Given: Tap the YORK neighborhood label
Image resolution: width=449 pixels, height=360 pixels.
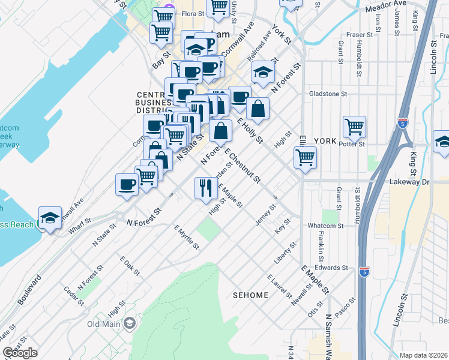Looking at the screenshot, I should (x=325, y=140).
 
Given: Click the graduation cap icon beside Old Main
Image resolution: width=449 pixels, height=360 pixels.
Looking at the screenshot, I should (x=129, y=325).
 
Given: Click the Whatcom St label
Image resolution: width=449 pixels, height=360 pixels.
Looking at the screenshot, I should (x=325, y=226).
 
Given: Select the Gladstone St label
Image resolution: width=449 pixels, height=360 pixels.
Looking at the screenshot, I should (x=328, y=94).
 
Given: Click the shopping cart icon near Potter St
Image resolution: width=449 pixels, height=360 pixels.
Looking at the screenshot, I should (x=355, y=127).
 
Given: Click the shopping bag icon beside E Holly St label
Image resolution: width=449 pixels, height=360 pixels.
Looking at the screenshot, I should (x=258, y=109).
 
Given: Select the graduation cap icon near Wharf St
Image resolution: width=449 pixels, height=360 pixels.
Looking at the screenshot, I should (x=50, y=217).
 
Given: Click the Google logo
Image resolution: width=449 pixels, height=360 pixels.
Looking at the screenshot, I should (x=20, y=353).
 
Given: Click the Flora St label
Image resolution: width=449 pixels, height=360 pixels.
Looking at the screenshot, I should (x=193, y=13).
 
